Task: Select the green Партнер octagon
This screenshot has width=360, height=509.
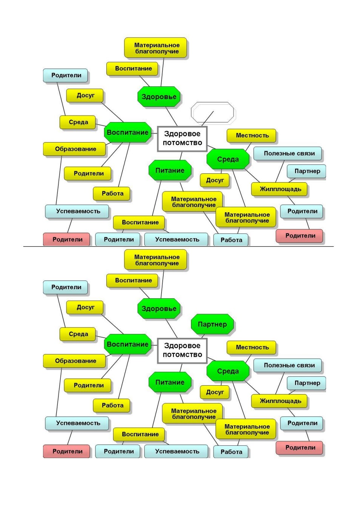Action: (x=212, y=324)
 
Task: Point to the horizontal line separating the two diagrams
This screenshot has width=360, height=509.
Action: (x=178, y=246)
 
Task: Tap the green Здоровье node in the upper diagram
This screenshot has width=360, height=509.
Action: (x=159, y=97)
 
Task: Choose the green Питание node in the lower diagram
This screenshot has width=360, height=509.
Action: (x=170, y=382)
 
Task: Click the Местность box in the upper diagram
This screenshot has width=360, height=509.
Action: (x=251, y=136)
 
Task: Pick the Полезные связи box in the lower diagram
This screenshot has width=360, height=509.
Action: (x=288, y=365)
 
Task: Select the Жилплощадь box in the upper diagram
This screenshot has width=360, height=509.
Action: (x=279, y=189)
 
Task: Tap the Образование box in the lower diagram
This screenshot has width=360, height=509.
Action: (x=74, y=361)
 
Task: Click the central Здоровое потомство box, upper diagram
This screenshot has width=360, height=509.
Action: (x=182, y=139)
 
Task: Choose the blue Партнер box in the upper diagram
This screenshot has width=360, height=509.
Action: (x=306, y=171)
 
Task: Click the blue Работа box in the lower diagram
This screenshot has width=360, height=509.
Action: (x=231, y=452)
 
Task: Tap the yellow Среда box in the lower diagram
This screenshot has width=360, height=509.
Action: (x=78, y=334)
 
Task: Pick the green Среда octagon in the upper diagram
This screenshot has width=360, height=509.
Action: (x=228, y=159)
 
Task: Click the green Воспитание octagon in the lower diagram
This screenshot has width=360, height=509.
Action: (x=128, y=344)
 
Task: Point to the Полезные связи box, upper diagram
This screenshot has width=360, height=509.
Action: (x=288, y=153)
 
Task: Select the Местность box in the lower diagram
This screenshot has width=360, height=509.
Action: (x=251, y=347)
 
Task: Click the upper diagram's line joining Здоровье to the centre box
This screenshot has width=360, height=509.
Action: (x=171, y=117)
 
